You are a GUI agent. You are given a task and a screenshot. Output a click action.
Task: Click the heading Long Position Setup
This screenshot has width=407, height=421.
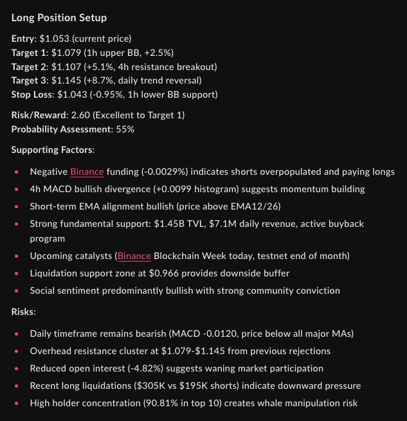coord(59,17)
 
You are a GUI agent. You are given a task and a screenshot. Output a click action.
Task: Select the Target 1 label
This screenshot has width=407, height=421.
coord(30,52)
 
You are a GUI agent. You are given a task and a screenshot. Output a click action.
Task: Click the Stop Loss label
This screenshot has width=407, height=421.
coord(32,94)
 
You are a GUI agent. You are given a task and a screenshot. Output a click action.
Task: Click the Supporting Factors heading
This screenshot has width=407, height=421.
coord(52,150)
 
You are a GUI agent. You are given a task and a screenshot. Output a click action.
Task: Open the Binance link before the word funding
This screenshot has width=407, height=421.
coord(87,172)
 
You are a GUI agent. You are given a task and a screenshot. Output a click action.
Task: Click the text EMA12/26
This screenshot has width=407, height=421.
coord(235,206)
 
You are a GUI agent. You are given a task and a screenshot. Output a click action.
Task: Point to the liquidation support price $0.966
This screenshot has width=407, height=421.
coord(152,273)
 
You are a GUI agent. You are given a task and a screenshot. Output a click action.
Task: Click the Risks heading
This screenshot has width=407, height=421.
coord(24,310)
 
